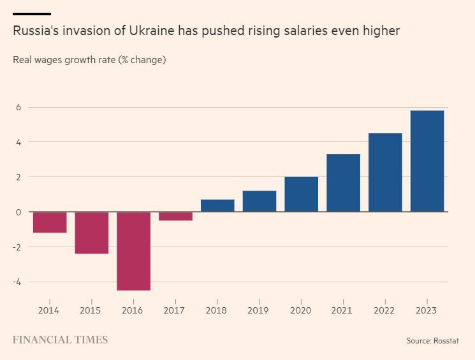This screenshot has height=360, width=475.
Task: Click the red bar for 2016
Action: point(133,251)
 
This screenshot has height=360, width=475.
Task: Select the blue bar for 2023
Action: point(427,161)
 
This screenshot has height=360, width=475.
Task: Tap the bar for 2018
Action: point(217,206)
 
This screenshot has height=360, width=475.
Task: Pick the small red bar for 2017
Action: point(175,216)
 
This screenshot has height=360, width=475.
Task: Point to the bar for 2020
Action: point(301,194)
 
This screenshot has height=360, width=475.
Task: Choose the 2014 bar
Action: point(50,222)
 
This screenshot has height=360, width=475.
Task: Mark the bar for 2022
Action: point(385,172)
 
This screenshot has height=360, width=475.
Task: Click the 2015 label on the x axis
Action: point(91,310)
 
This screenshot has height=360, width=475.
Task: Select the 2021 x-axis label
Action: point(343,310)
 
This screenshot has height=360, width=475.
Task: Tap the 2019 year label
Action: point(259,310)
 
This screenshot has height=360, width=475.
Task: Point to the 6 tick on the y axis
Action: point(18,107)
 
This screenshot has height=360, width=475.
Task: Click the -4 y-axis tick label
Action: point(18,282)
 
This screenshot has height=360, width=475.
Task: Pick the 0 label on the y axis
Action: point(18,212)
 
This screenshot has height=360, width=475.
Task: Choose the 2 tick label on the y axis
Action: point(18,176)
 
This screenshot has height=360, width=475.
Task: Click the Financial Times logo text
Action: point(60,340)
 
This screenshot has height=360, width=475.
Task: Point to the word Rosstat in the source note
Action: point(445,341)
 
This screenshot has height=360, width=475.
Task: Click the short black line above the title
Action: point(31,13)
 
